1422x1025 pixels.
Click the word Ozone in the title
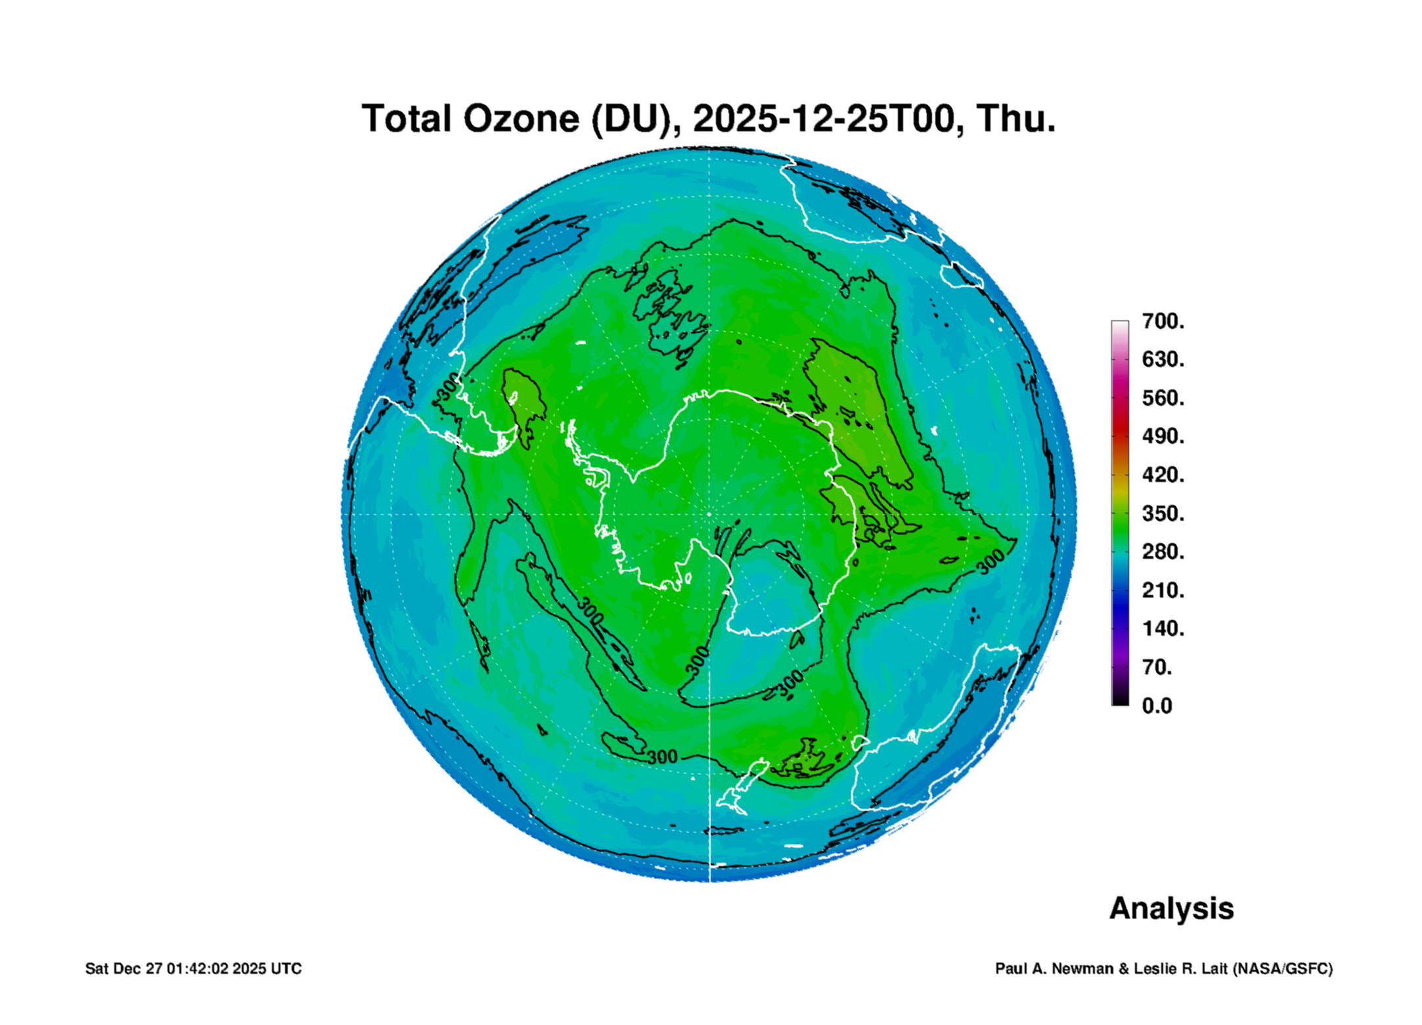(x=522, y=120)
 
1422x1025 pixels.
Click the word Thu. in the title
(x=1015, y=120)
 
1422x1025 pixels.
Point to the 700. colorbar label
(x=1163, y=321)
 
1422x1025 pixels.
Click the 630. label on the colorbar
(x=1163, y=359)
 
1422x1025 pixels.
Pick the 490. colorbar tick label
(x=1163, y=436)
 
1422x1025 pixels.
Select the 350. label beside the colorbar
(x=1163, y=513)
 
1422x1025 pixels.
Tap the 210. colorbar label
(x=1163, y=590)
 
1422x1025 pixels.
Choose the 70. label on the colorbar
(x=1157, y=667)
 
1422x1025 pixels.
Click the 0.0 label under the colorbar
(x=1157, y=706)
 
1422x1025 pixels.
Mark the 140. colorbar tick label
(x=1163, y=628)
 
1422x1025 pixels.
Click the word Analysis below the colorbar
(x=1172, y=909)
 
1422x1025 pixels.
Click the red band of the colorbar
(x=1120, y=427)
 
